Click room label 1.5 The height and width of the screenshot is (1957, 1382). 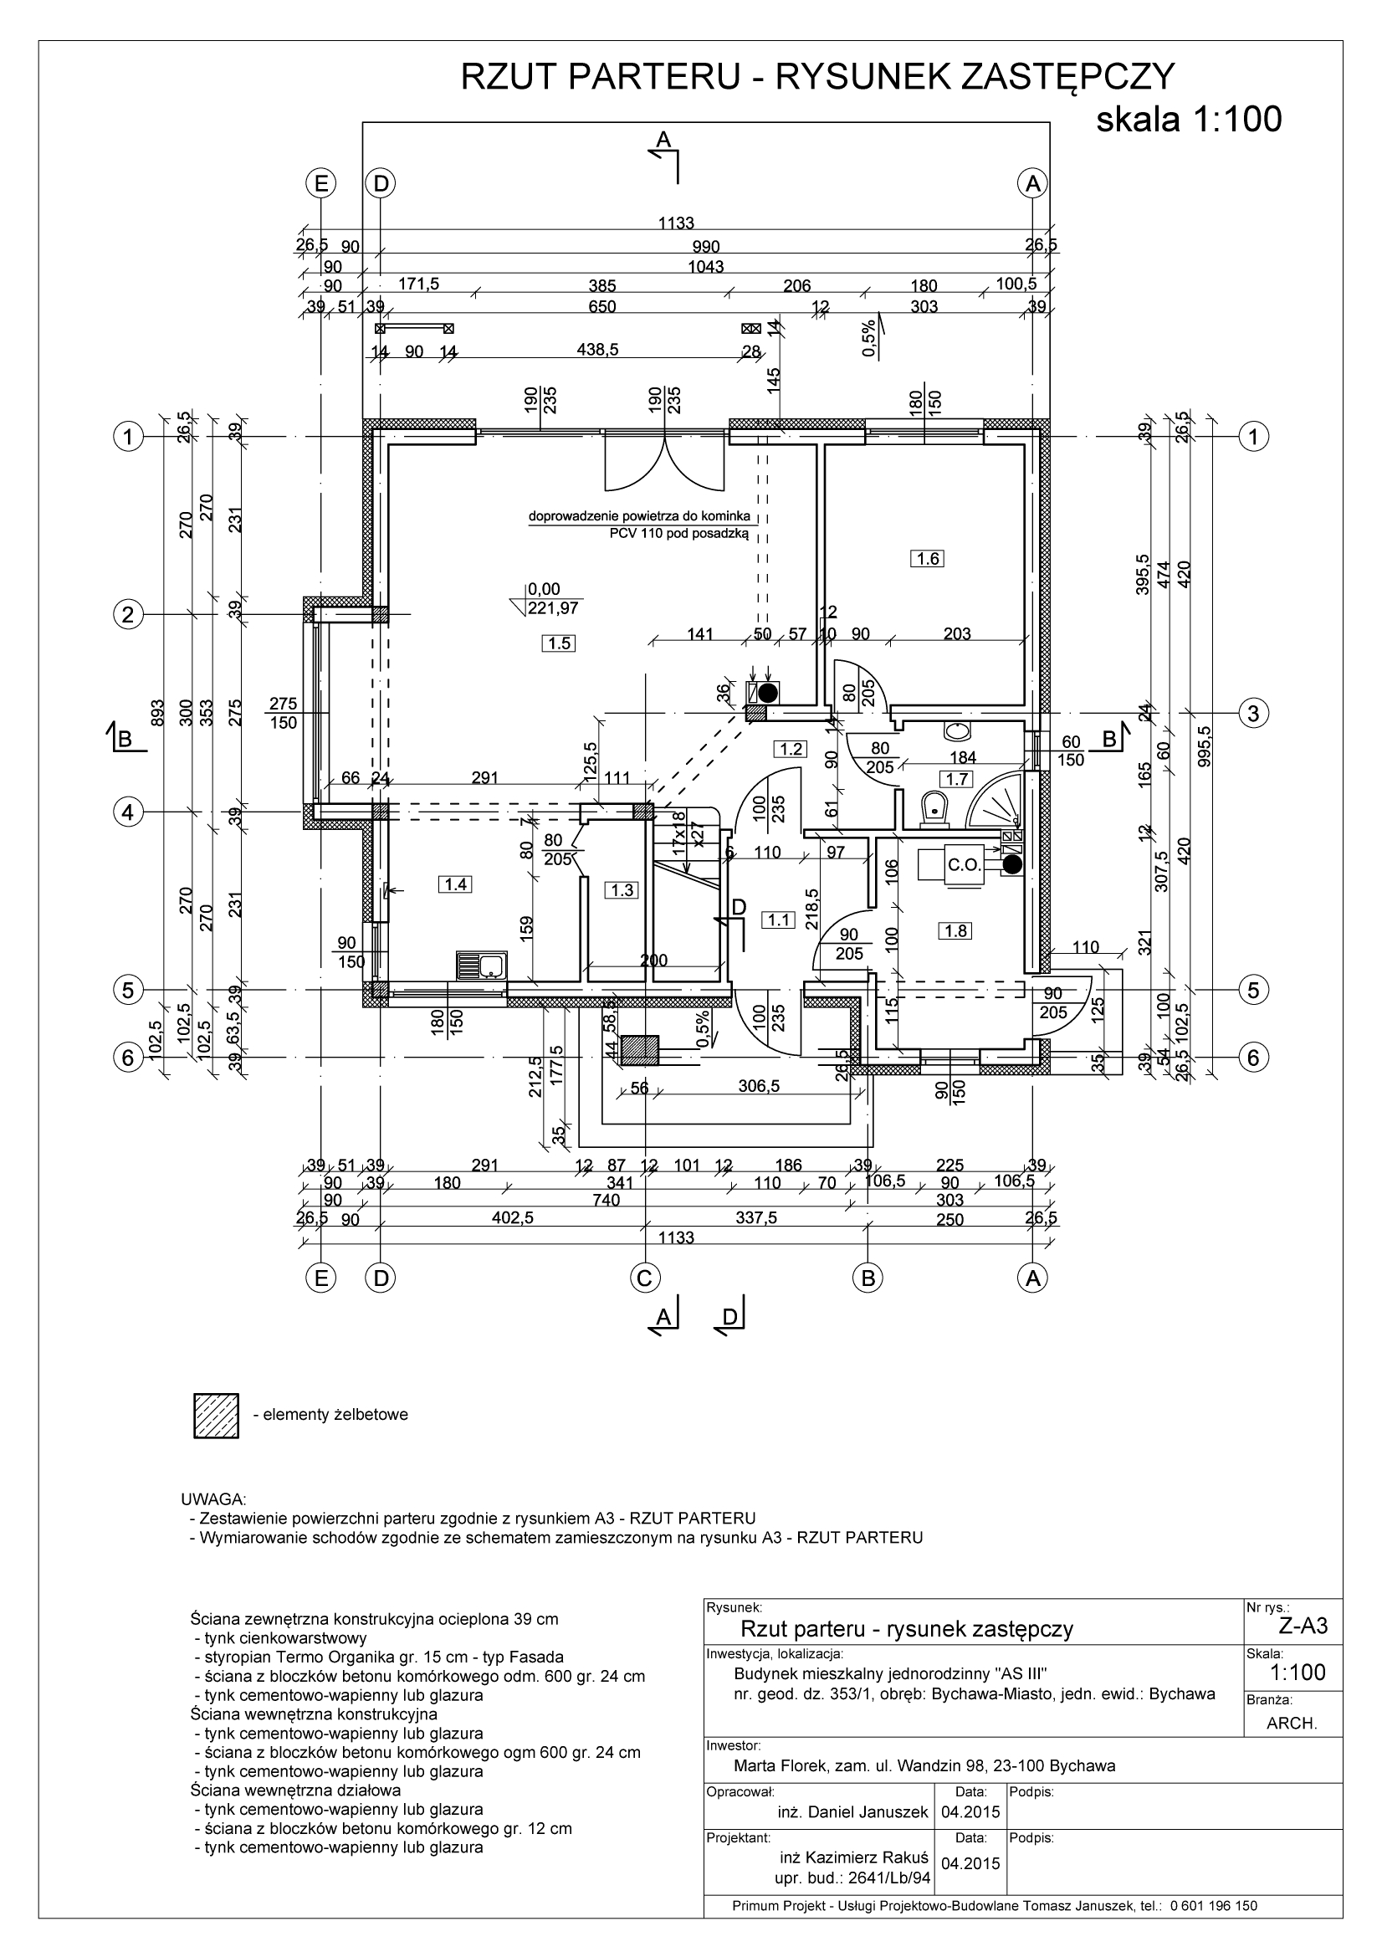tap(558, 643)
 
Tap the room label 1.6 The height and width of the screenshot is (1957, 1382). tap(928, 559)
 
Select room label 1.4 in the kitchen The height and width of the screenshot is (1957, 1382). tap(455, 884)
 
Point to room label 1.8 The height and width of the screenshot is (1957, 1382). tap(956, 930)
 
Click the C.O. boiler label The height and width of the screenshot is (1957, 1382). tap(965, 865)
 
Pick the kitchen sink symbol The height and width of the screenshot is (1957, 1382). tap(482, 966)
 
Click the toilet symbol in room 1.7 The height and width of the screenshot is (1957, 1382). tap(934, 805)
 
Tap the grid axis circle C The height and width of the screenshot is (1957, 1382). tap(644, 1278)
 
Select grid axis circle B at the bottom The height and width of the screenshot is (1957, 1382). tap(868, 1278)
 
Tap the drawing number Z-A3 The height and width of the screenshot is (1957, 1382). tap(1303, 1627)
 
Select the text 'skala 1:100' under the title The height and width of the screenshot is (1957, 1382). tap(1188, 120)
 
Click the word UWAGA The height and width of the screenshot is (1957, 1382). tap(214, 1499)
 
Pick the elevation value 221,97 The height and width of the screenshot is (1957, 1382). tap(552, 607)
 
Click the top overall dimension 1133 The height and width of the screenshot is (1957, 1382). tap(676, 223)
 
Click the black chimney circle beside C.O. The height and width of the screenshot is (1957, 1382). tap(1011, 864)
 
